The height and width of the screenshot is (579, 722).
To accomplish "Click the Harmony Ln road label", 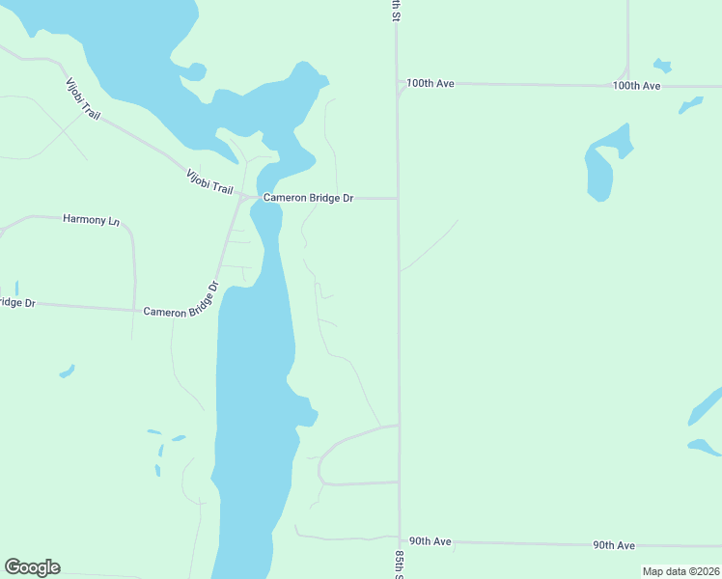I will pos(91,220).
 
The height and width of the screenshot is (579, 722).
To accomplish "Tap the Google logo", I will pos(32,567).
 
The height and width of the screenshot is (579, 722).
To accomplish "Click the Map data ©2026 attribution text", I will pos(680,571).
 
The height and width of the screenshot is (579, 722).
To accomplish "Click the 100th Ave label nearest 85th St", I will pos(430,84).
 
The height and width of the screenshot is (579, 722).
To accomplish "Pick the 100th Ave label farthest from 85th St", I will pos(636,86).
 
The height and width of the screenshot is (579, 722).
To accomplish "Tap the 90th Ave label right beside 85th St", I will pos(430,541).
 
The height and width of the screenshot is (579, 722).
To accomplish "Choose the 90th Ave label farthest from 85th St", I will pos(614,545).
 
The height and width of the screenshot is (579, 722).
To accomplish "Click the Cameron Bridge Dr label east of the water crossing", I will pos(308,198).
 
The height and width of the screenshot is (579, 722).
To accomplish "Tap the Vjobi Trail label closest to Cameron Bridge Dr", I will pos(208,180).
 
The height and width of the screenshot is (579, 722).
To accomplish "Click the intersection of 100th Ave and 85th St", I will pos(399,84).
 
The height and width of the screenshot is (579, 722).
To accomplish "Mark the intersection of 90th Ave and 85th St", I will pos(399,541).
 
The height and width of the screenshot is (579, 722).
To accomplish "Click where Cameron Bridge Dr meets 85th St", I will pos(399,199).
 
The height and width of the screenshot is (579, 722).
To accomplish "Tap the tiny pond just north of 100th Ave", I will pos(661,66).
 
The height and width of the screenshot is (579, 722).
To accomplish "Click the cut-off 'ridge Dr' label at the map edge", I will pos(16,303).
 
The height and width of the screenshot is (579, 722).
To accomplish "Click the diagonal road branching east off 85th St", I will pos(429,246).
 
